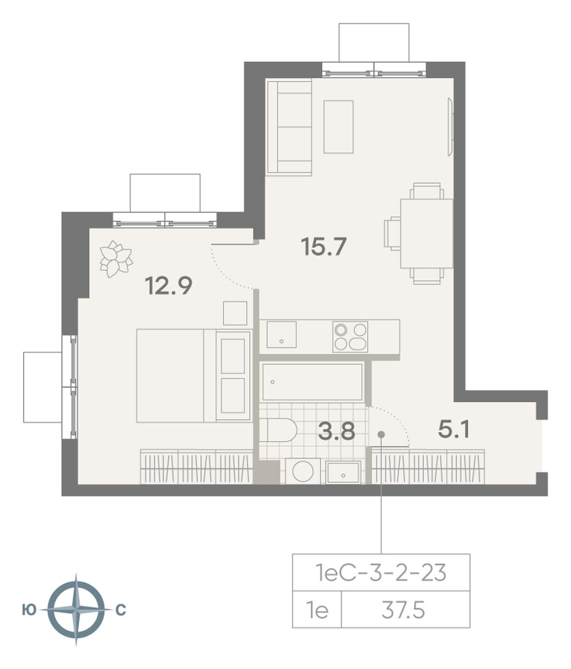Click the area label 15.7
click(x=323, y=246)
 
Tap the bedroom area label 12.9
click(x=168, y=286)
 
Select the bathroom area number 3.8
click(x=336, y=431)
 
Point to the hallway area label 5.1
click(x=453, y=430)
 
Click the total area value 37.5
click(x=403, y=612)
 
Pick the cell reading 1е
click(x=317, y=612)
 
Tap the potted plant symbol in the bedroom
click(x=116, y=259)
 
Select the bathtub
click(x=312, y=382)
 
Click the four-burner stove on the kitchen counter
click(x=350, y=337)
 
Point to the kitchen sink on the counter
click(x=282, y=334)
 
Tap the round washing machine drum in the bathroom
click(x=303, y=471)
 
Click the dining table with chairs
click(x=418, y=234)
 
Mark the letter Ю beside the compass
click(x=28, y=610)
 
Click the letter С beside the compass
click(x=121, y=610)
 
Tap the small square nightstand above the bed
click(x=235, y=313)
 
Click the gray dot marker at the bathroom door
click(x=381, y=434)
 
